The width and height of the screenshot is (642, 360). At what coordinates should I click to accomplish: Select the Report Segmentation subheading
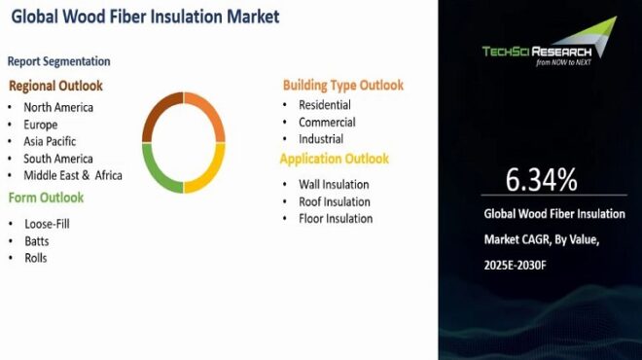point(58,61)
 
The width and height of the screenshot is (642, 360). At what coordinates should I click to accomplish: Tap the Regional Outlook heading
point(55,86)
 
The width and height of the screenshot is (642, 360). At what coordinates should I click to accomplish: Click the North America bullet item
point(58,107)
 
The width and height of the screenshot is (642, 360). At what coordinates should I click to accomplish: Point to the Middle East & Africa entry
point(72,175)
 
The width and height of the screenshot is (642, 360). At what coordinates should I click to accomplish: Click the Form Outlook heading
point(47,198)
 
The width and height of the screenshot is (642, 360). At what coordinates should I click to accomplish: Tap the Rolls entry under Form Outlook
point(36,258)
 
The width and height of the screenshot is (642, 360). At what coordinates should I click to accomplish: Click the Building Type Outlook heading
point(343,85)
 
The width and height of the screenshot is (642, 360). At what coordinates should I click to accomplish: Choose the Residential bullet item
point(325,105)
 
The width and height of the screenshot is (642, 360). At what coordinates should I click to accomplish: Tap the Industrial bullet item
point(321,139)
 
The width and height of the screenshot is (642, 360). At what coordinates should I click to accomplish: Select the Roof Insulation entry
point(334,201)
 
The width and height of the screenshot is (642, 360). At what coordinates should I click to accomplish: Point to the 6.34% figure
point(541,180)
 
